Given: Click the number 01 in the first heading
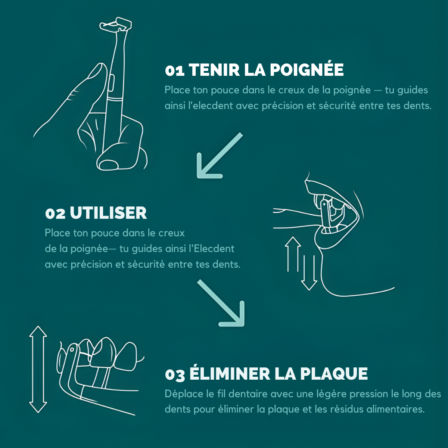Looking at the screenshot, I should [x=174, y=70].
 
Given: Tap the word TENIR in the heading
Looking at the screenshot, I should [x=214, y=70].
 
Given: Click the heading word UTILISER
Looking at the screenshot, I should [x=108, y=213].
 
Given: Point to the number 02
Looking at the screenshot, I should [x=55, y=214].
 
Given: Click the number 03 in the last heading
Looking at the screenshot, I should [x=175, y=374].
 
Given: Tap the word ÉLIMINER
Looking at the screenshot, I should [x=229, y=373].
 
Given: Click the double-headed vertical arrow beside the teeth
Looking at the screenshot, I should [x=38, y=369].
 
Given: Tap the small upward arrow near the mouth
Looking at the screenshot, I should [x=293, y=254].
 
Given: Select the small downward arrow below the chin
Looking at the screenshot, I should [x=309, y=273].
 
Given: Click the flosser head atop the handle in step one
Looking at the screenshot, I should [x=116, y=25].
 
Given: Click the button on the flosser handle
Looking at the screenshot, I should [x=111, y=83].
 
